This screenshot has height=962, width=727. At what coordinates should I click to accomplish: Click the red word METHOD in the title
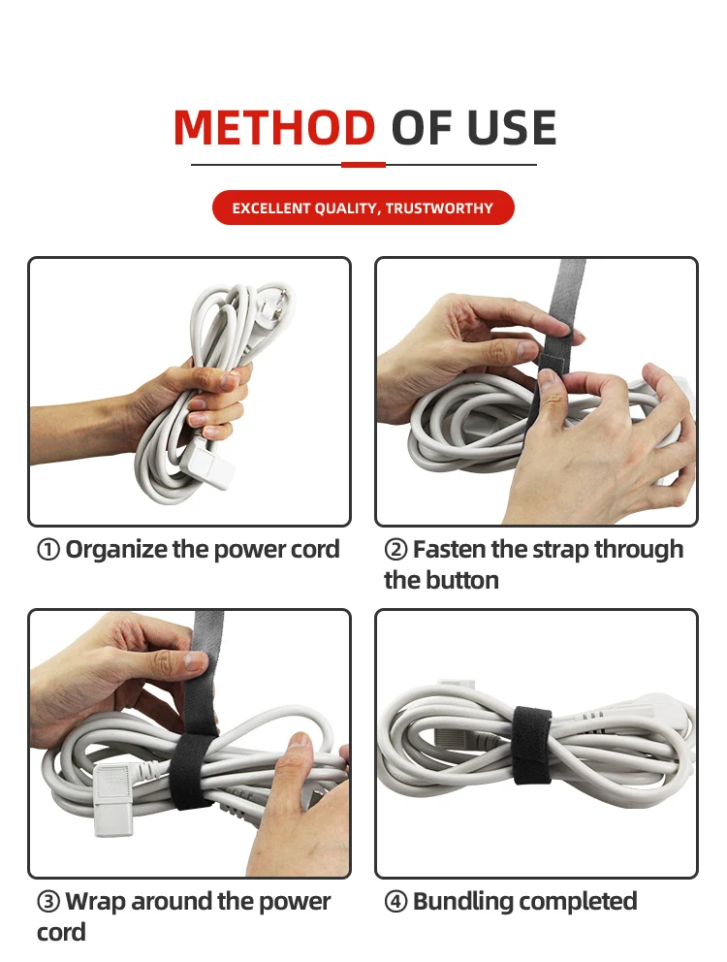274,128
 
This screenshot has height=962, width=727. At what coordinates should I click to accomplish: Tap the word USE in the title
512,128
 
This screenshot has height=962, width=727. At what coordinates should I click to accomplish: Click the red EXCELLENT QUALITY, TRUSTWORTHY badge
363,208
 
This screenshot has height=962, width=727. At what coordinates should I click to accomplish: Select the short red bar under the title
363,165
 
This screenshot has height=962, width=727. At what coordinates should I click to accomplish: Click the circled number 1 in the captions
47,550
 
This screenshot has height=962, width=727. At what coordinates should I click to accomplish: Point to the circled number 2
395,550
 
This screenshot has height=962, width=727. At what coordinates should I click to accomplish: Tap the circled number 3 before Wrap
47,902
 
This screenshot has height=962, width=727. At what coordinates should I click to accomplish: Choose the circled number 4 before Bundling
395,902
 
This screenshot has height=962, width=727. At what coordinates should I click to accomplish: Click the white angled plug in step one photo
208,465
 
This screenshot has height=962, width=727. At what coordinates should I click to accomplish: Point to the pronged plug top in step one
273,305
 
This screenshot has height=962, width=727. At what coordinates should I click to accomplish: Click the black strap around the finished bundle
532,745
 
